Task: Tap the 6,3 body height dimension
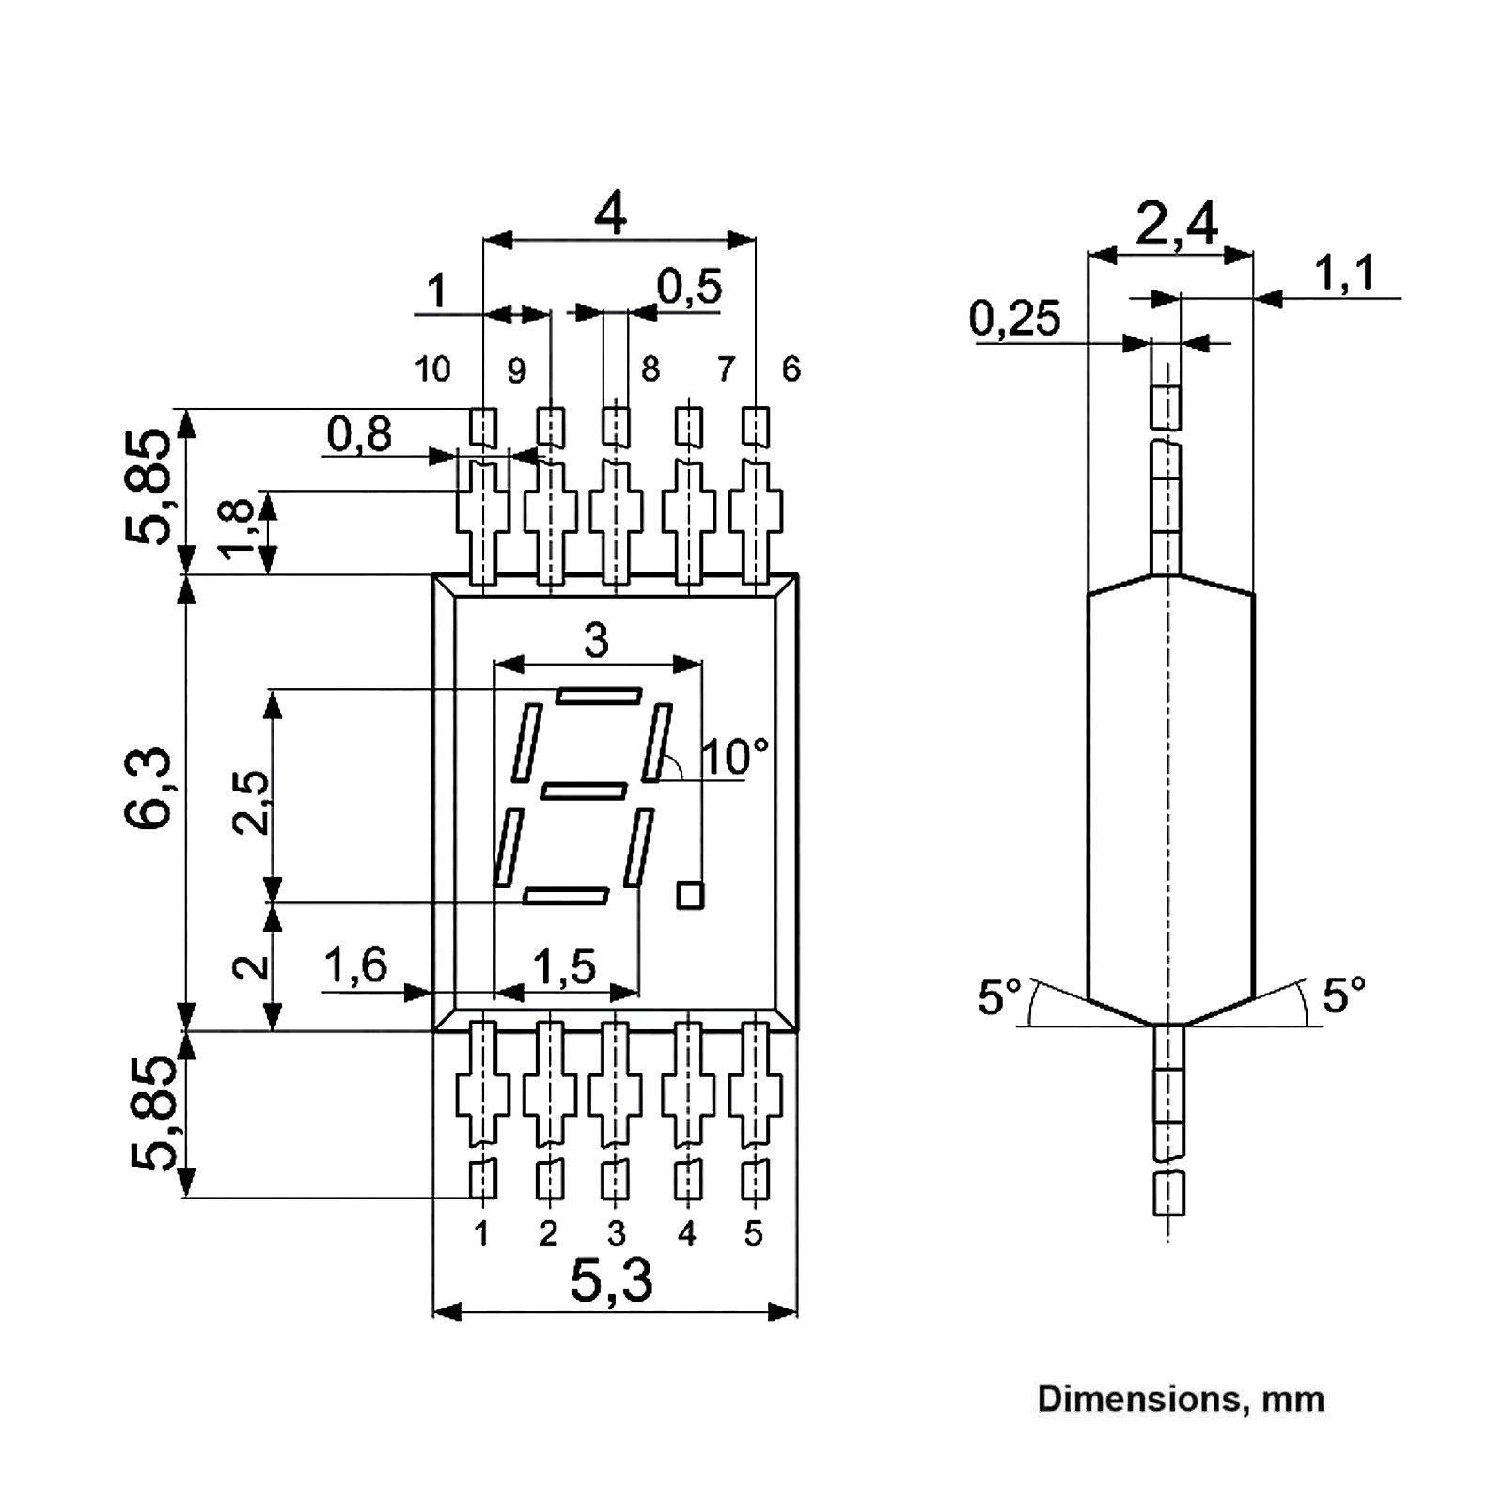click(148, 788)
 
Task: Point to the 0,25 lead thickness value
click(1014, 319)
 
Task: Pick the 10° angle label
click(735, 756)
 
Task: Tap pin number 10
click(432, 369)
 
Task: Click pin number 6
click(791, 369)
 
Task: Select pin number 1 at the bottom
click(481, 1233)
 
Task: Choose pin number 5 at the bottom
click(753, 1233)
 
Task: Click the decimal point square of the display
click(690, 895)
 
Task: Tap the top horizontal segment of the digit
click(599, 696)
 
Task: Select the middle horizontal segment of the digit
click(584, 791)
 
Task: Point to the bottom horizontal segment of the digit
click(566, 896)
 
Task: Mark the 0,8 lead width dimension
click(359, 434)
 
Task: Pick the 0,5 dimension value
click(689, 287)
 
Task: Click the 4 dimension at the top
click(611, 215)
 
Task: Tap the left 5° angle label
click(999, 996)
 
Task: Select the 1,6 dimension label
click(355, 964)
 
